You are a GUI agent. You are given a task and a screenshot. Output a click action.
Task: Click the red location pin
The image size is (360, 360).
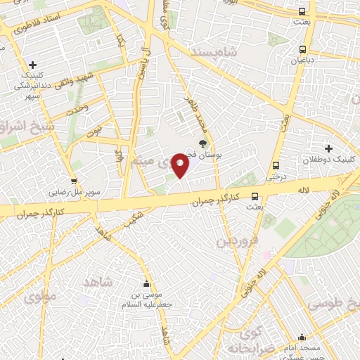(181, 165)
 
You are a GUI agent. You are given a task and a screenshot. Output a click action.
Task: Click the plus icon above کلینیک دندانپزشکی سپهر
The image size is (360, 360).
(33, 65)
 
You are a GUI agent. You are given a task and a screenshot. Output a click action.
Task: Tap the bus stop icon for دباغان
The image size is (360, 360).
(303, 50)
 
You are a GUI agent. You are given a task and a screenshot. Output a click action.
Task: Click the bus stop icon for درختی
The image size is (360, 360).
(275, 166)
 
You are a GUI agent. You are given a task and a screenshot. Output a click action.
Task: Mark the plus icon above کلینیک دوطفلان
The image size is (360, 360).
(328, 148)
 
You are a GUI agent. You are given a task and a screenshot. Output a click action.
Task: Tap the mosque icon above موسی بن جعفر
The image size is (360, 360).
(146, 284)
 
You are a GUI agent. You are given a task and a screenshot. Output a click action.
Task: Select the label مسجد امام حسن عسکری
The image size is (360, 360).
(304, 349)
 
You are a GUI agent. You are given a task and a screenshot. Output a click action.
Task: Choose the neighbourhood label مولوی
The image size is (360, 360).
(39, 297)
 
